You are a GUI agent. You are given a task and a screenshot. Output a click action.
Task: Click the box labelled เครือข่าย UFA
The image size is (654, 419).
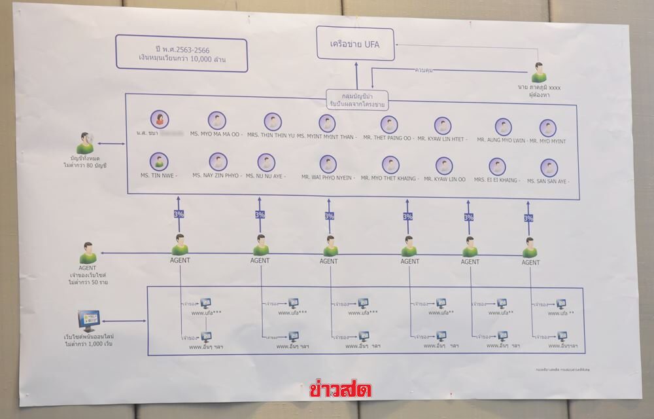(x=355, y=44)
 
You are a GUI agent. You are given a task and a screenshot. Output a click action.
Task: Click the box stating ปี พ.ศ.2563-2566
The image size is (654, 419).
(x=181, y=55)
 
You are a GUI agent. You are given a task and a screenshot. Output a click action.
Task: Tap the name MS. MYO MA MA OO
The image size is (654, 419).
(x=217, y=139)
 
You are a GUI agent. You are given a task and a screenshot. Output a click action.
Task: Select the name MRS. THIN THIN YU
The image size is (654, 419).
(x=270, y=139)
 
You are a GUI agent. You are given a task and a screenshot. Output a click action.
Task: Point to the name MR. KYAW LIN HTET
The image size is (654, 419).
(x=443, y=139)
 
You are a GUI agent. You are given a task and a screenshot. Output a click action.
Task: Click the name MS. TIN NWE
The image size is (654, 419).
(x=156, y=175)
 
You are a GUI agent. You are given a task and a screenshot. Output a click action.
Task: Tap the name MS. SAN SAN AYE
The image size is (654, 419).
(x=548, y=181)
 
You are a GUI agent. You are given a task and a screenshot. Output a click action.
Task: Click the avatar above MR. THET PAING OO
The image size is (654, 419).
(x=389, y=124)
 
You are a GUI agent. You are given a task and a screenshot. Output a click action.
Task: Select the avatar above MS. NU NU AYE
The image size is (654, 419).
(x=266, y=162)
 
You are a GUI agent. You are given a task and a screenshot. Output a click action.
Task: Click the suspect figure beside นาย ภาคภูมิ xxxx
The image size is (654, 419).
(x=538, y=72)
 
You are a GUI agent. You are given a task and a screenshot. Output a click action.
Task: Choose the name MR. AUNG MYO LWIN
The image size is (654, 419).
(x=500, y=141)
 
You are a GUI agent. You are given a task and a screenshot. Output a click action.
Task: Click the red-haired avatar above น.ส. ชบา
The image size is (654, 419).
(x=159, y=119)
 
